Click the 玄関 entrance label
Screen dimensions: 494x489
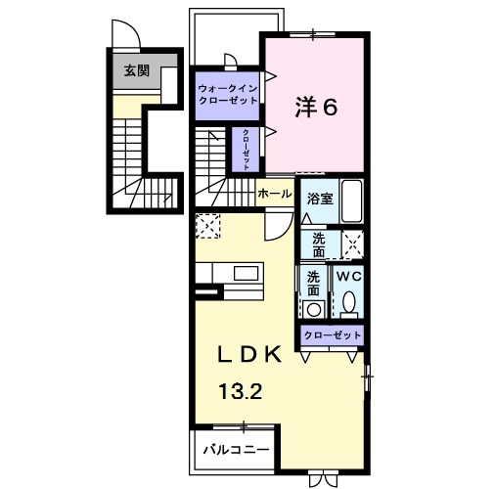137,70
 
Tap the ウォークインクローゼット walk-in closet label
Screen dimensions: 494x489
228,94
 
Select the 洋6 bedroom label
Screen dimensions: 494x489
316,107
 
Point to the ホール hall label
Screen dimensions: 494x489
275,194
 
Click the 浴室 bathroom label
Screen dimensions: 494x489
320,199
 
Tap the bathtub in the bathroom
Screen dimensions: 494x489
351,200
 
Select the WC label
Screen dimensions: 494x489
349,277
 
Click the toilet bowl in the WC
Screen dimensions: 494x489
349,301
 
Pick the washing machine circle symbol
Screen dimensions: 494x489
314,309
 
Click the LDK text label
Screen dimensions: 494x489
249,354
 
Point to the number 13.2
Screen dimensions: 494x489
241,391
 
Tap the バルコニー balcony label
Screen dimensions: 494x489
237,450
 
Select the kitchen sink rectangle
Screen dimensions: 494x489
247,273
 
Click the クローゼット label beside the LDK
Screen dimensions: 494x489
333,335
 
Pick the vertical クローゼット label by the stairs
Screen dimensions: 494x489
246,150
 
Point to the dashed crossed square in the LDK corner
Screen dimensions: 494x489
208,226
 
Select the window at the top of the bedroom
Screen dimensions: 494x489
313,34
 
